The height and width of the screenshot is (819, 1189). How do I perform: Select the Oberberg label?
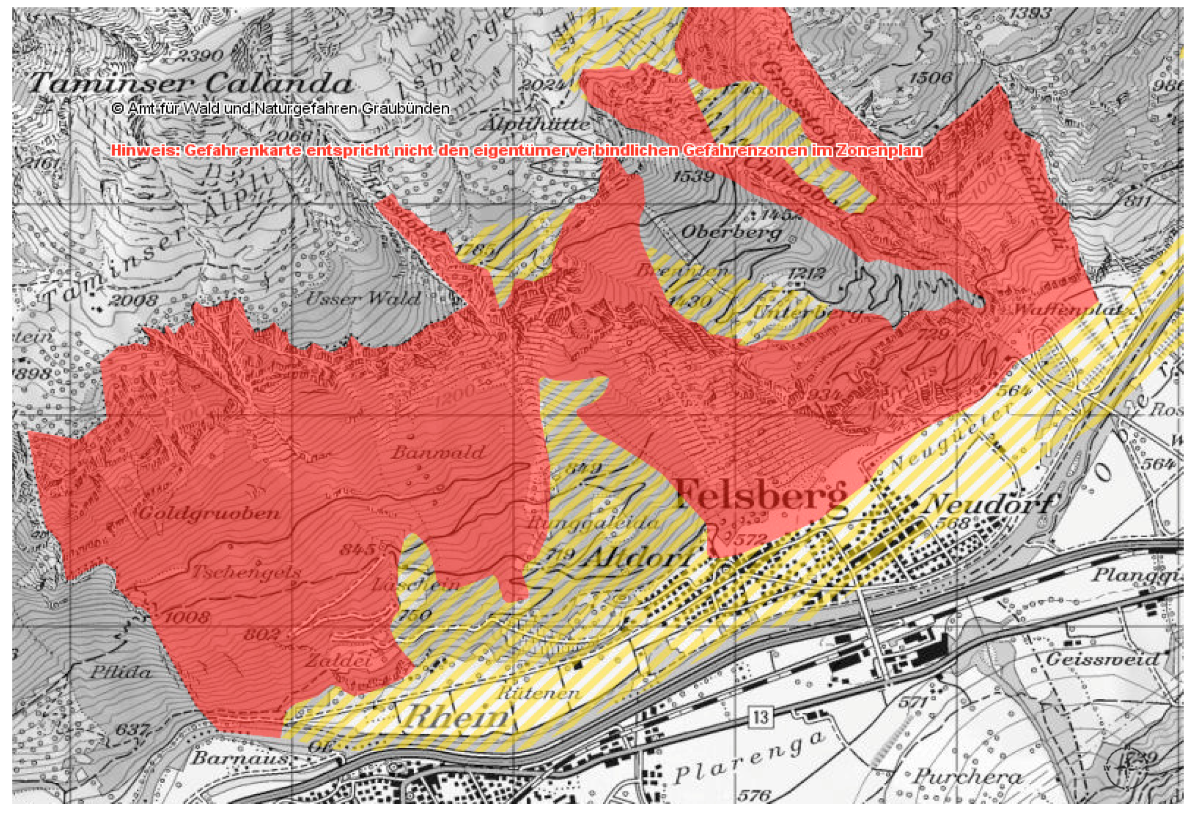[731, 232]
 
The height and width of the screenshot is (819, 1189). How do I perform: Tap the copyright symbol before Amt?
[117, 109]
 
